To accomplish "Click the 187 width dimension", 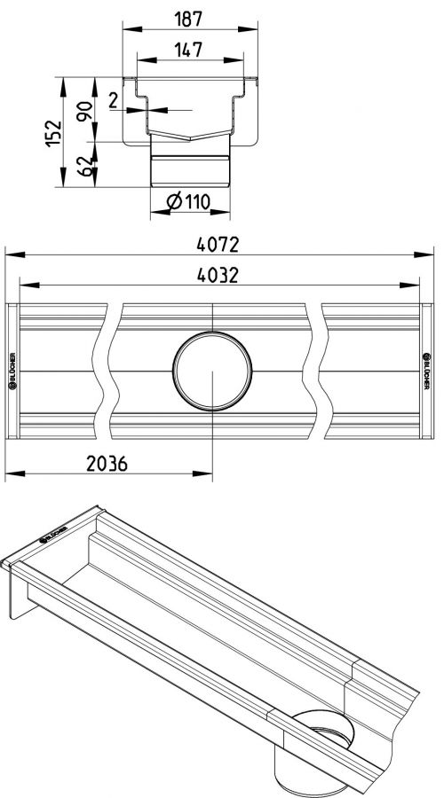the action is pyautogui.click(x=188, y=19).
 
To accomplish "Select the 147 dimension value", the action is pyautogui.click(x=188, y=50).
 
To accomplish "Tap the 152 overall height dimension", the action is pyautogui.click(x=53, y=133).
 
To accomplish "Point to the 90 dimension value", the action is pyautogui.click(x=84, y=111).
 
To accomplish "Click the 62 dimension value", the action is pyautogui.click(x=84, y=166).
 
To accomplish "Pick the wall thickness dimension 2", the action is pyautogui.click(x=113, y=100).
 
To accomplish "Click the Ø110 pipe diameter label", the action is pyautogui.click(x=188, y=202).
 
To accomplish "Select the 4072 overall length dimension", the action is pyautogui.click(x=218, y=245).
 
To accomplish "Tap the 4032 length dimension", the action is pyautogui.click(x=218, y=276).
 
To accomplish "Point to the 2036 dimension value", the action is pyautogui.click(x=107, y=464).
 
